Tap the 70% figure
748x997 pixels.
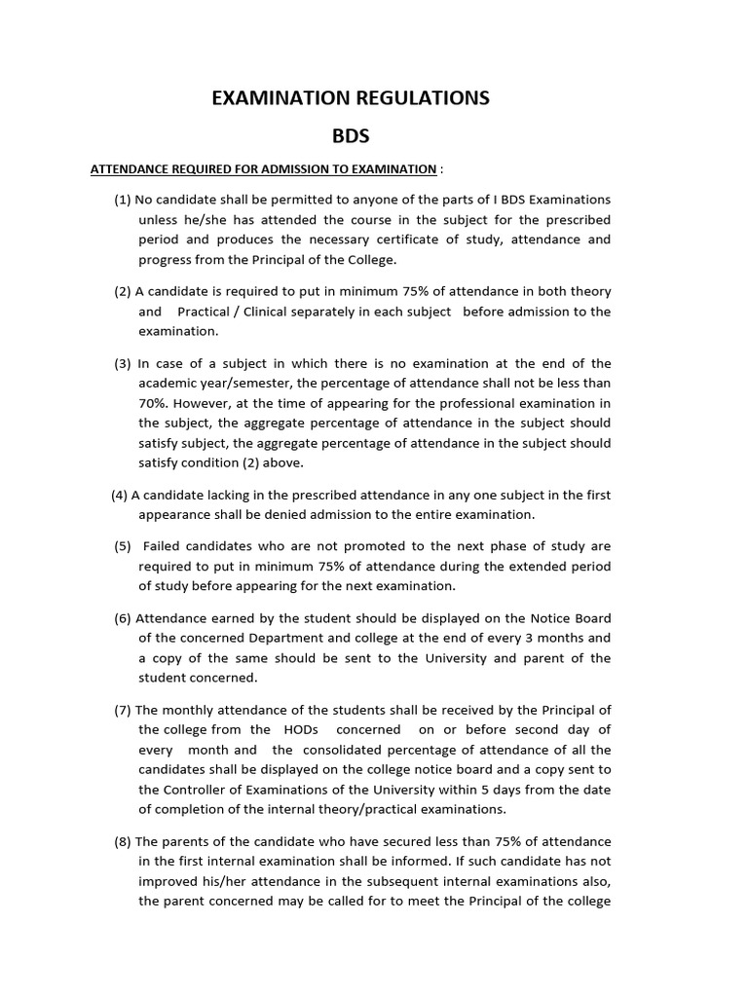pos(153,403)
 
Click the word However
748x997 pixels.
pos(208,403)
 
